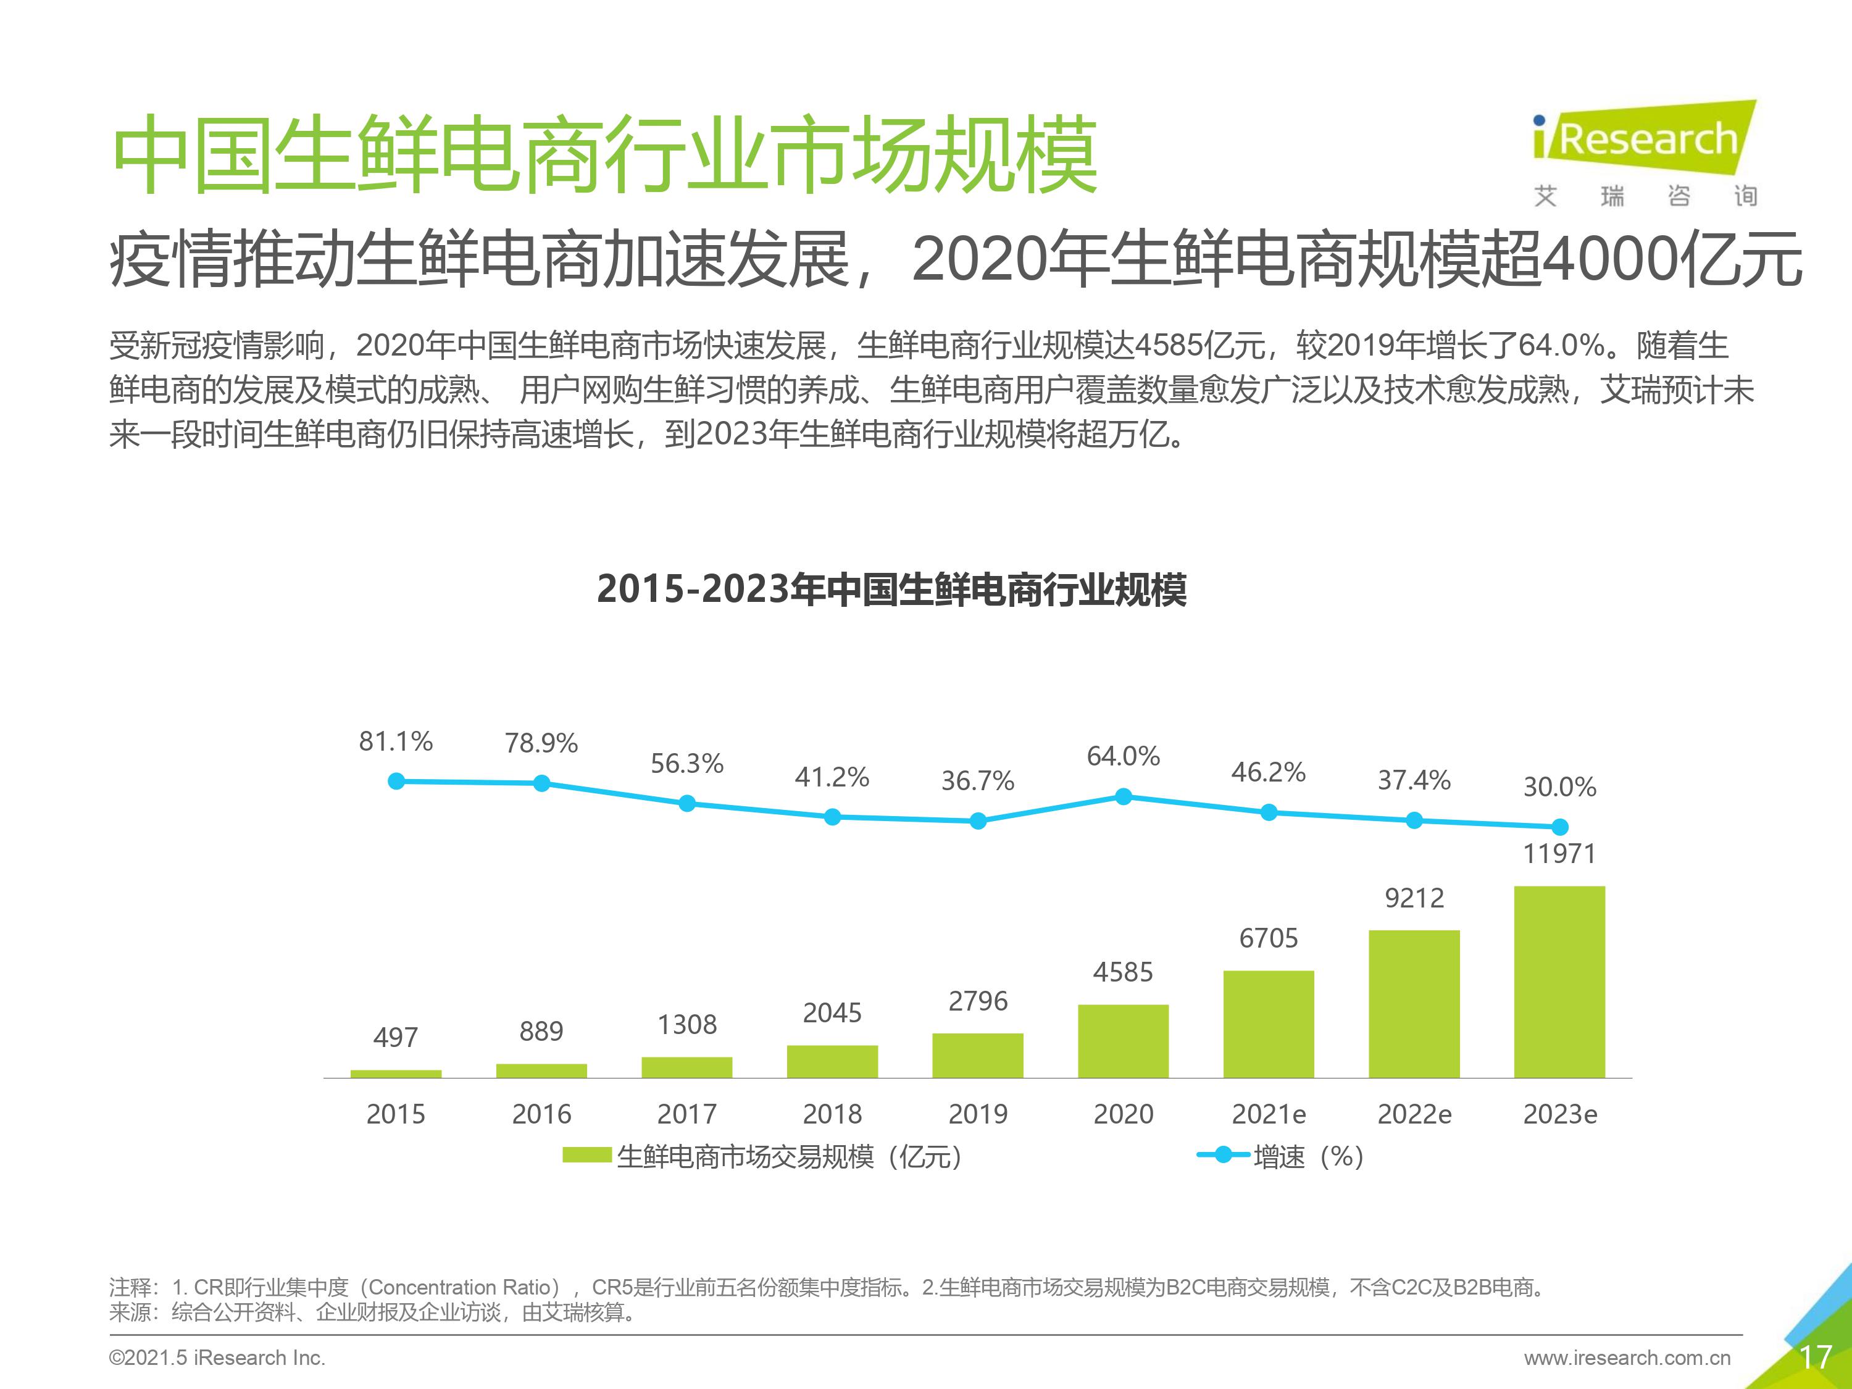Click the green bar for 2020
pos(1123,1041)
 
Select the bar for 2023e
pos(1559,982)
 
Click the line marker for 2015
pos(397,781)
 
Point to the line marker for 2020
pos(1124,796)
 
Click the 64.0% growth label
pos(1123,757)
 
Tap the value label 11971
pos(1559,854)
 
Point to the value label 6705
pos(1269,938)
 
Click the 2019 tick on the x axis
pos(978,1114)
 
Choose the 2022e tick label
pos(1414,1114)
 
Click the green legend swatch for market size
pos(587,1156)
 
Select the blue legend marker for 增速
pos(1223,1156)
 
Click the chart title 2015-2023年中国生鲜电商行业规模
pos(891,590)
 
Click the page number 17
pos(1815,1357)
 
